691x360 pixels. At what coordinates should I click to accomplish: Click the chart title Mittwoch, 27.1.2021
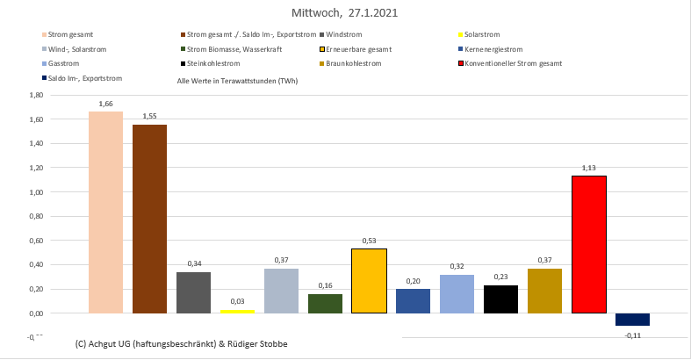click(x=346, y=14)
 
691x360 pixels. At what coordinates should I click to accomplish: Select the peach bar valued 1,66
click(x=105, y=212)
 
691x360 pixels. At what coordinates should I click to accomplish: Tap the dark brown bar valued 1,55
click(x=149, y=219)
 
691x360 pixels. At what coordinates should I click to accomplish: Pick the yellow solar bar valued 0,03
click(x=237, y=311)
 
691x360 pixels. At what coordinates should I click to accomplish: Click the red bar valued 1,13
click(x=588, y=244)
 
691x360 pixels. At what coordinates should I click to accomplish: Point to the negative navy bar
click(x=632, y=320)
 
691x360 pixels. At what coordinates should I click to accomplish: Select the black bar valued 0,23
click(x=500, y=299)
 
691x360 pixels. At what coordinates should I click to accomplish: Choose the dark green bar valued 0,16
click(x=325, y=303)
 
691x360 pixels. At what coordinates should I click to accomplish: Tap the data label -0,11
click(x=632, y=335)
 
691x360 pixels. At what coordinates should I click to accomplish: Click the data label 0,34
click(x=193, y=263)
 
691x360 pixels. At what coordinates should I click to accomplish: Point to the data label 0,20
click(x=413, y=280)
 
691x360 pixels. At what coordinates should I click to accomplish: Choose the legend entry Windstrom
click(x=342, y=34)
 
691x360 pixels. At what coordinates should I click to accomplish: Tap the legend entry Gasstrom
click(x=64, y=64)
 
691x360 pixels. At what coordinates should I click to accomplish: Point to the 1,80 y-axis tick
click(x=36, y=95)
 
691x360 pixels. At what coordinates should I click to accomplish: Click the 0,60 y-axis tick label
click(x=36, y=240)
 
